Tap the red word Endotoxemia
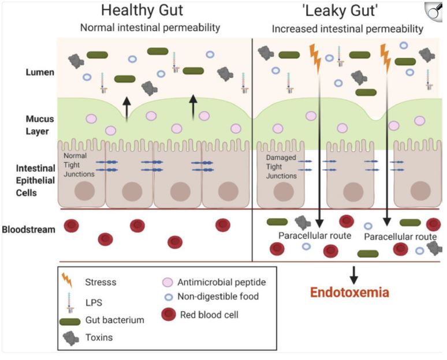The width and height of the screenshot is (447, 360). pos(349,292)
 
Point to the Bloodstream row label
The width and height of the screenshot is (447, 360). pos(29,229)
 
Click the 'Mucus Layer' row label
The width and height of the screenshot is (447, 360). pos(40,125)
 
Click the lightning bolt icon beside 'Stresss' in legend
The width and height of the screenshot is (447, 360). pos(68,281)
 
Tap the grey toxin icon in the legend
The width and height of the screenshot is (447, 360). pos(69,339)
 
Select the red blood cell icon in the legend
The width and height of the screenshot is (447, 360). pos(168,314)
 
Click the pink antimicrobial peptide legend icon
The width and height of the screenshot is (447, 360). pos(168,283)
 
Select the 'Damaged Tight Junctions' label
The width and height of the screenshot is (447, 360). pos(281,166)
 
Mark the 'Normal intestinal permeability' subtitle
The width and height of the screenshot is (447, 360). pos(150,27)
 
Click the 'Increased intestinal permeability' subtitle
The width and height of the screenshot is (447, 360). pos(348,28)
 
